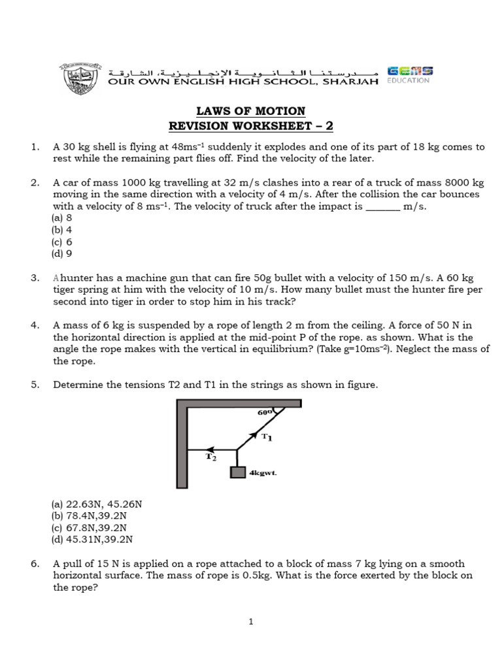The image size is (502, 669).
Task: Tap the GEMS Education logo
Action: (409, 75)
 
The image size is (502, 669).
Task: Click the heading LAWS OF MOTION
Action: (252, 111)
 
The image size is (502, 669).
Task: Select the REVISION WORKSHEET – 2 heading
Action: (252, 126)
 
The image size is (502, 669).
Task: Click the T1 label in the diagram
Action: (267, 437)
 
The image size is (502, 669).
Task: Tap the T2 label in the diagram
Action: (211, 457)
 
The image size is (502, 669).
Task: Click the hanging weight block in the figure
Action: (237, 472)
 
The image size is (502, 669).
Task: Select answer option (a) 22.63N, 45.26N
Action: (97, 504)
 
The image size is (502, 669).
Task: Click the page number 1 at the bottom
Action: (251, 622)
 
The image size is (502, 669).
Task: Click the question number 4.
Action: (35, 325)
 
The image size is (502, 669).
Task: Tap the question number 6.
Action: (35, 563)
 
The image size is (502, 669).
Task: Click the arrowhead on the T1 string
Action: (252, 434)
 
